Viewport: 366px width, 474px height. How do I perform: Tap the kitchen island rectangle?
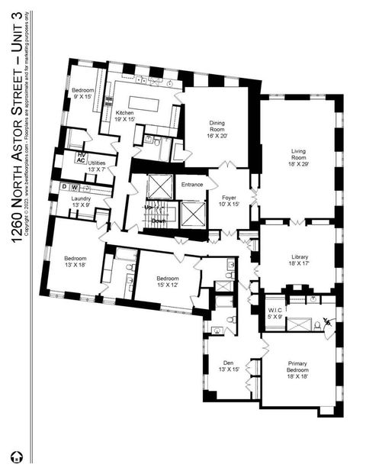[146, 103]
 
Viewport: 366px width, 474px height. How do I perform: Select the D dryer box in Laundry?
[65, 187]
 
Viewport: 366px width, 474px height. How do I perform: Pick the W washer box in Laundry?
[75, 187]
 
